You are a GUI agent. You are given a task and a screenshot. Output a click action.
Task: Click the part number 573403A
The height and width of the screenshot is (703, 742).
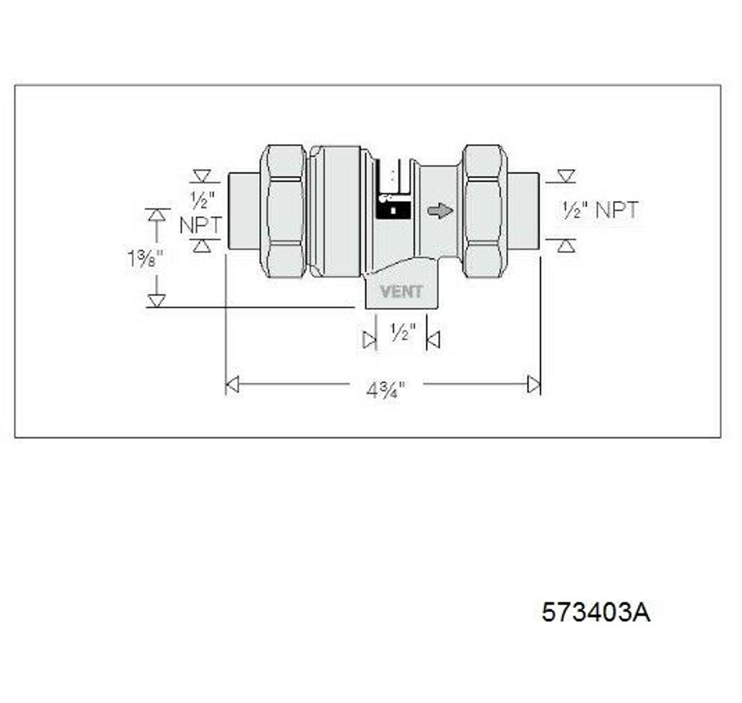click(595, 612)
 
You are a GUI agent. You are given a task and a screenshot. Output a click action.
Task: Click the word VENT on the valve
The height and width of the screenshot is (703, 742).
click(401, 292)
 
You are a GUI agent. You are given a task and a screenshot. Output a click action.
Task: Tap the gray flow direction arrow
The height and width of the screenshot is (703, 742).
click(441, 210)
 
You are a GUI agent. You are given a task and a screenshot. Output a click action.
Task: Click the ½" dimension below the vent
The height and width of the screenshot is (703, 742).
click(402, 333)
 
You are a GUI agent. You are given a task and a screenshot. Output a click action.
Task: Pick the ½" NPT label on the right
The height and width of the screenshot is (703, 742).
click(599, 210)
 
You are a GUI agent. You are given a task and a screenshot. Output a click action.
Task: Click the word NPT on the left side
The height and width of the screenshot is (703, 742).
click(200, 225)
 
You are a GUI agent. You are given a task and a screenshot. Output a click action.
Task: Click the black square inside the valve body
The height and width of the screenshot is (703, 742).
click(393, 209)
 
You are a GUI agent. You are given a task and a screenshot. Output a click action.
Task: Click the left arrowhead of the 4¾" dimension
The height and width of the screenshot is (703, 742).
click(232, 384)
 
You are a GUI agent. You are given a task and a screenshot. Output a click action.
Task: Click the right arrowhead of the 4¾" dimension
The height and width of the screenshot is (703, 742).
click(533, 384)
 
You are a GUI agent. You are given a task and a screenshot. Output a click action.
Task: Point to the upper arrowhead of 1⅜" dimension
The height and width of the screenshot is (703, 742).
click(156, 215)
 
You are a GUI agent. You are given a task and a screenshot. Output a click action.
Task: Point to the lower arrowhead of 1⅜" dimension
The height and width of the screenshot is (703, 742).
click(156, 300)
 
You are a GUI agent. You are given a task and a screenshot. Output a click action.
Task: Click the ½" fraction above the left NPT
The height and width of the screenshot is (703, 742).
click(202, 201)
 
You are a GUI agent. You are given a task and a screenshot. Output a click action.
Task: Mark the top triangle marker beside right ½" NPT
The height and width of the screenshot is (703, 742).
click(566, 176)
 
